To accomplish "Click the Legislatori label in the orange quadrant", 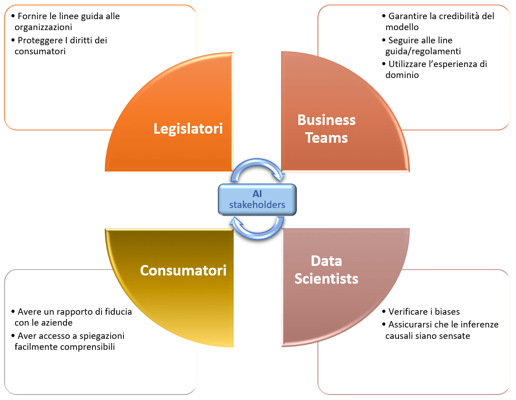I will (188, 129).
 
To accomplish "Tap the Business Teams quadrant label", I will (327, 129).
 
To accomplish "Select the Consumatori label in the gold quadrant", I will (183, 270).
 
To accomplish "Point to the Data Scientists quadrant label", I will (327, 270).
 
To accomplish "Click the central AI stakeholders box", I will (257, 199).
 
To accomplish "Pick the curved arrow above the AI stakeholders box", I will (258, 170).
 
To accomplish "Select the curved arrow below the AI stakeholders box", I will (258, 228).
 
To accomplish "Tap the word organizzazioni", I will (43, 27).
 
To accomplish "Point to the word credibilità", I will (455, 16).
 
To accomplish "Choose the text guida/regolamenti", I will (423, 52).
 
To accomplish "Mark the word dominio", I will (402, 75).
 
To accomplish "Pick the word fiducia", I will (116, 312).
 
